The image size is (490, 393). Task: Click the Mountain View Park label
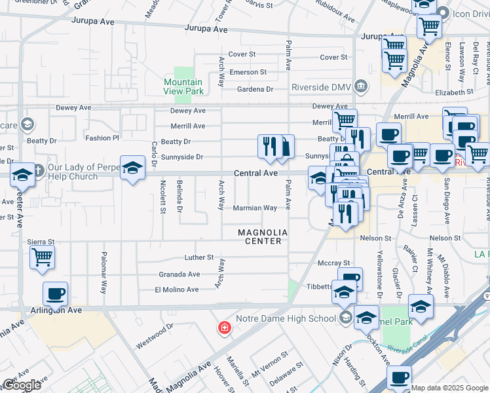tap(183, 87)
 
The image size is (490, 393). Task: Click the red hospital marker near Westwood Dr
tap(224, 327)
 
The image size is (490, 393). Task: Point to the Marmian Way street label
tap(255, 208)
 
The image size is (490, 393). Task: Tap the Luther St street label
tap(198, 257)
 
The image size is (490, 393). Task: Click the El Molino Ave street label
tap(177, 290)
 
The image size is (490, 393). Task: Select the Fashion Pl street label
tap(102, 138)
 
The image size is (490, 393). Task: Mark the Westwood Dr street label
tap(155, 334)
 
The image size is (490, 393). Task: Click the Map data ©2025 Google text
tap(449, 388)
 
